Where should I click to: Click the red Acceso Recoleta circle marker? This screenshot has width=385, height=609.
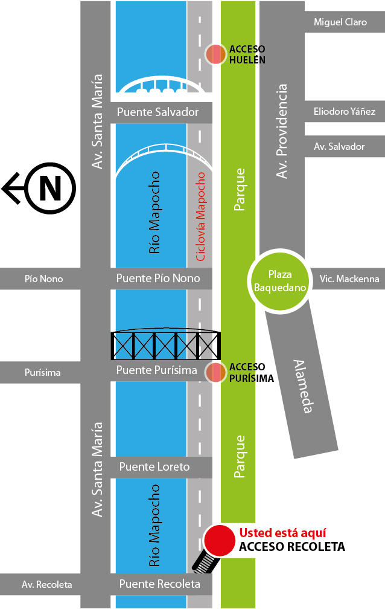(x=218, y=541)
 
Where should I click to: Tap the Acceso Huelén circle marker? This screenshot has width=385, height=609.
(x=215, y=54)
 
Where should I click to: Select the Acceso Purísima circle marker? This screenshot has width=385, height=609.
(x=215, y=373)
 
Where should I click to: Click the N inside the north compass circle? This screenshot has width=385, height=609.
(x=50, y=188)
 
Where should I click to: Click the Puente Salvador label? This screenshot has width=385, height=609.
(x=157, y=112)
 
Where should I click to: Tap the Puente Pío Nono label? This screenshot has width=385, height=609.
(x=157, y=279)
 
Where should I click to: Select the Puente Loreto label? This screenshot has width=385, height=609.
(x=154, y=466)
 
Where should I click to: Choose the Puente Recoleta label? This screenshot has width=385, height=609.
(x=159, y=584)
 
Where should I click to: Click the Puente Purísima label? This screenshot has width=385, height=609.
(x=156, y=370)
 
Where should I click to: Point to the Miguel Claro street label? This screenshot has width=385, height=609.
(x=340, y=22)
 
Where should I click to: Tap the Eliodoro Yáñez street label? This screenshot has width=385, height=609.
(x=345, y=112)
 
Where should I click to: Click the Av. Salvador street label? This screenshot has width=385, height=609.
(x=339, y=147)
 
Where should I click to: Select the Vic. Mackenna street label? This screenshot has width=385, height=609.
(x=349, y=279)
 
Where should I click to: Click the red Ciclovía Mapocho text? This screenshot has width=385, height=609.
(x=201, y=216)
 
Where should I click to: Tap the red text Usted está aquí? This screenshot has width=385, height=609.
(x=283, y=533)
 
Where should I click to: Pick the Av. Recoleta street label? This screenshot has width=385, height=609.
(x=46, y=585)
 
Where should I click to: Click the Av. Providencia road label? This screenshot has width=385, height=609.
(x=281, y=131)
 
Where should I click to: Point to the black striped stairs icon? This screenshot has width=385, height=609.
(x=204, y=563)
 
